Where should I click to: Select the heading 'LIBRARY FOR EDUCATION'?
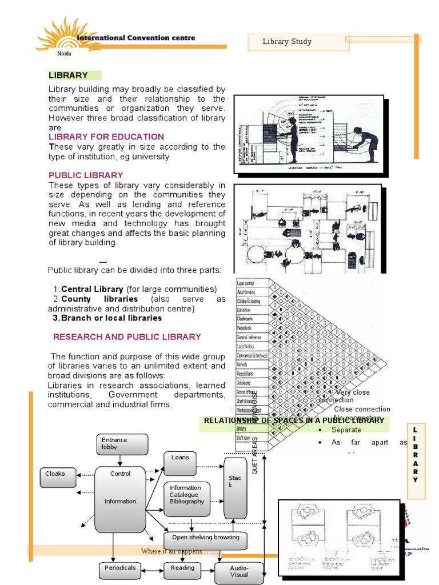[106, 137]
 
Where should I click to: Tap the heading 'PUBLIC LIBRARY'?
[86, 175]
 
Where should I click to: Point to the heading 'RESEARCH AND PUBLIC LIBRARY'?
[127, 336]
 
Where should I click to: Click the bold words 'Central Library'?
[92, 289]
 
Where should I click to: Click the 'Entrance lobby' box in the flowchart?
[122, 444]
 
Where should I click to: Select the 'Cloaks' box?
[58, 476]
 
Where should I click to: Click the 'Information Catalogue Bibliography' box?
[186, 495]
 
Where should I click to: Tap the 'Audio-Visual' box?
[239, 572]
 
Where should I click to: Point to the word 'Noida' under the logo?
[64, 54]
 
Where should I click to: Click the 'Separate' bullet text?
[346, 430]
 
